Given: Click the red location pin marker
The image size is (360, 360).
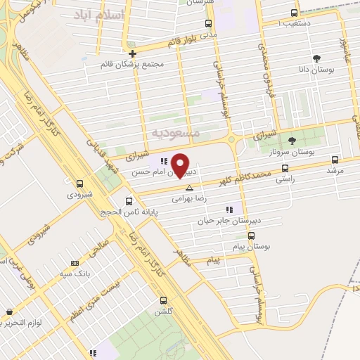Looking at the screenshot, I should pos(181,166).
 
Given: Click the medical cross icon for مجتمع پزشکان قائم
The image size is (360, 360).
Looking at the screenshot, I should pos(132,53).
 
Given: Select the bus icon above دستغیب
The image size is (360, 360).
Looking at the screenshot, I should pos(294,13).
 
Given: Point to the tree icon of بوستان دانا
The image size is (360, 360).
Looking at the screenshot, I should pos(316,58).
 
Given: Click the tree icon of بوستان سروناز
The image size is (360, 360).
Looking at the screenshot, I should pos(292,141).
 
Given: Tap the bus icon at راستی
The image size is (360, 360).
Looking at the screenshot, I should pos(285,168).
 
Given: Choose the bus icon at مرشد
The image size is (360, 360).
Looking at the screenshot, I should pos(335,159).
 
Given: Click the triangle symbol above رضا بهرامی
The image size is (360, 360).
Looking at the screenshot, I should pos(189,188).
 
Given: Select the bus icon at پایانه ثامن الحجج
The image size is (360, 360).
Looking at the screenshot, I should pos(128,201).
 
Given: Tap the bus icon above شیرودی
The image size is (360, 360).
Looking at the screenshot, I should pos(79,183).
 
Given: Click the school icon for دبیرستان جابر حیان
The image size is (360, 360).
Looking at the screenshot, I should pos(229,209).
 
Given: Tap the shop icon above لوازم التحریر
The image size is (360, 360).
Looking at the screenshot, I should pos(8,311).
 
